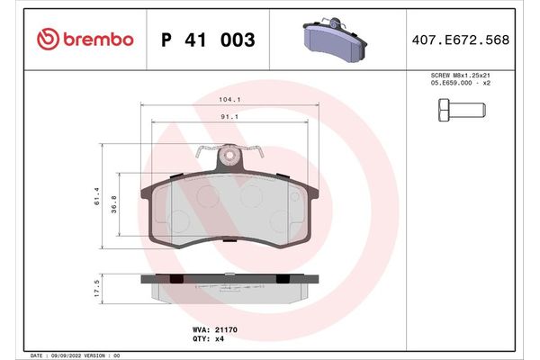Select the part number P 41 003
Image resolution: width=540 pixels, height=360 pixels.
[x=207, y=40]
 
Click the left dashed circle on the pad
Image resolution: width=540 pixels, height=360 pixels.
[x=177, y=219]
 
